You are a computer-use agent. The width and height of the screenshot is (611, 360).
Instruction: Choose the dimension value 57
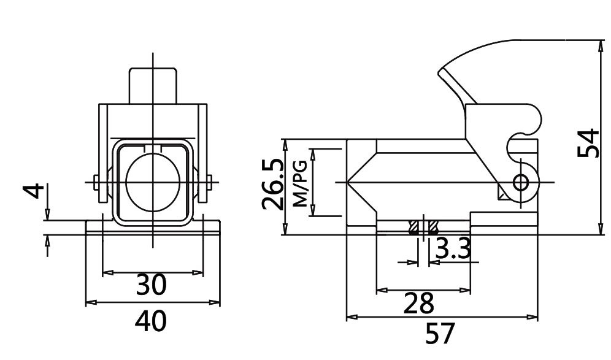pyautogui.click(x=440, y=334)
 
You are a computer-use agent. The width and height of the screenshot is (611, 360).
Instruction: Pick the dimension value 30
pyautogui.click(x=151, y=285)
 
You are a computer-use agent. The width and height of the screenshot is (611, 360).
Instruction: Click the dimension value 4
pyautogui.click(x=36, y=191)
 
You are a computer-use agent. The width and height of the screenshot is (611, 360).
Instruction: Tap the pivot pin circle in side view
pyautogui.click(x=522, y=182)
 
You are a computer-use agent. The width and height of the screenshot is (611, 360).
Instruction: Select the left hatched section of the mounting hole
pyautogui.click(x=413, y=228)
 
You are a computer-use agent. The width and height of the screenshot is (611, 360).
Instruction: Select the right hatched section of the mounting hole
pyautogui.click(x=433, y=228)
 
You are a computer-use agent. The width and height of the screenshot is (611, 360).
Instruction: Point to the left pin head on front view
pyautogui.click(x=97, y=182)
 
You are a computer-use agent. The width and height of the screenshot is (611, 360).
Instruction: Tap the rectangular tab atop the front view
pyautogui.click(x=153, y=86)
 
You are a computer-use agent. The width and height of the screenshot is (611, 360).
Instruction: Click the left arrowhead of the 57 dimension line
pyautogui.click(x=352, y=318)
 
